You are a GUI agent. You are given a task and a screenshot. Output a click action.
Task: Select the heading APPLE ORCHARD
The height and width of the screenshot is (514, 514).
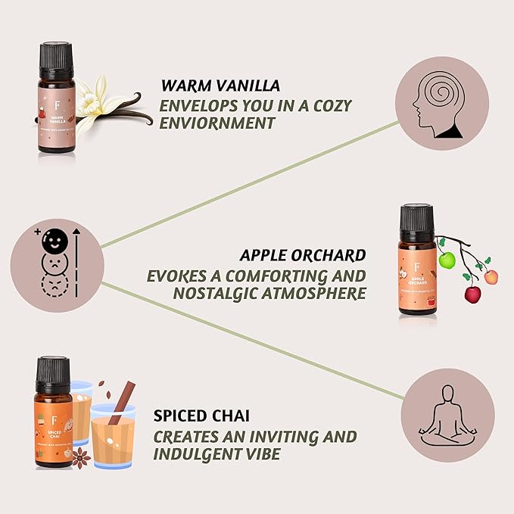pyautogui.click(x=303, y=254)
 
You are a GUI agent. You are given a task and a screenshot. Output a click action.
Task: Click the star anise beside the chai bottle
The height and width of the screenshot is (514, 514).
pyautogui.click(x=82, y=456)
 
